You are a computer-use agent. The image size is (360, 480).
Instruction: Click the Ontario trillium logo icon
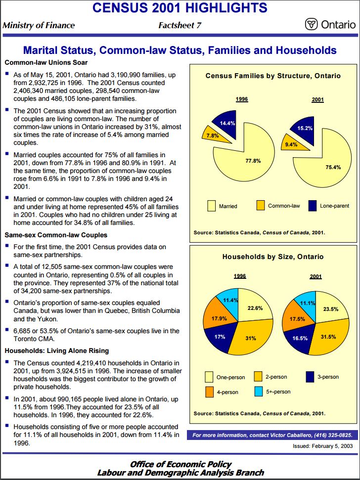[311, 25]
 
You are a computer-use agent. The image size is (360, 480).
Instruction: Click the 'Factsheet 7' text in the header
[180, 25]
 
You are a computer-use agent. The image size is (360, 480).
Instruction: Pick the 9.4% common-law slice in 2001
[289, 144]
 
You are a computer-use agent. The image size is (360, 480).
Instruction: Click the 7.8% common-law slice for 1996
[212, 134]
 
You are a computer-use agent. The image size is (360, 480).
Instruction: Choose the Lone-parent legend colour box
[312, 205]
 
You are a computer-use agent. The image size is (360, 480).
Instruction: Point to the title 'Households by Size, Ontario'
[273, 257]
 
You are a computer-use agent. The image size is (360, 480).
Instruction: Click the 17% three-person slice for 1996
[221, 338]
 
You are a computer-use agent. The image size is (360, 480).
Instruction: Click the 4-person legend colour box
[209, 392]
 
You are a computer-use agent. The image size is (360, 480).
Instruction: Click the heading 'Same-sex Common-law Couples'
[53, 235]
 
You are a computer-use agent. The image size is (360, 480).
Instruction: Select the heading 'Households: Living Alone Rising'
[56, 351]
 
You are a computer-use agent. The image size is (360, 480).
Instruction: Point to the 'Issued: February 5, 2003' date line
[322, 446]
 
